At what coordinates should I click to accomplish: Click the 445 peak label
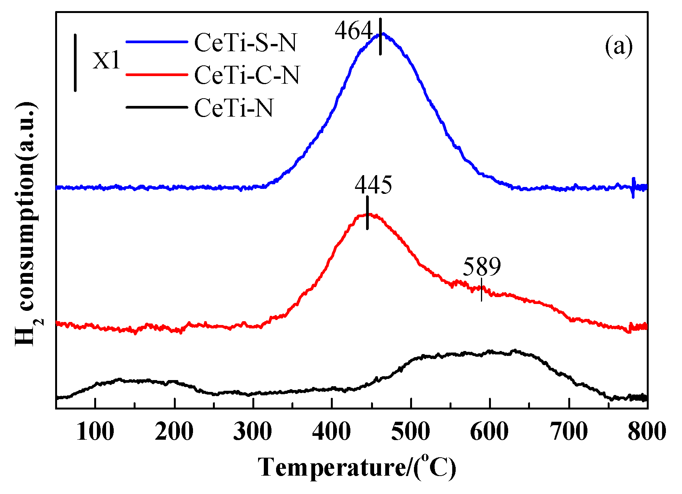click(373, 185)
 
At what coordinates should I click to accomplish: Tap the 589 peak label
click(482, 266)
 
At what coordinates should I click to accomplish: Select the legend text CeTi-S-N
click(245, 42)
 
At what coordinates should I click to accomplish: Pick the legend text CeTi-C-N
click(247, 75)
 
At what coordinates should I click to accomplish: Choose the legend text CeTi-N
click(234, 108)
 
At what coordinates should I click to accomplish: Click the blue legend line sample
click(157, 42)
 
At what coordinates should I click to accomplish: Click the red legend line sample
click(157, 75)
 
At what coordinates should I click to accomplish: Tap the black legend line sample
click(157, 107)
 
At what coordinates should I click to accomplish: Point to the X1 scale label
click(106, 60)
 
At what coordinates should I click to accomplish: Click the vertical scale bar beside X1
click(75, 63)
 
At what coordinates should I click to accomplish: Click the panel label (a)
click(619, 47)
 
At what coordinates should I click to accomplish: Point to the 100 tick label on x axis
click(95, 432)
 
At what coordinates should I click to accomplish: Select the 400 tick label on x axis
click(332, 432)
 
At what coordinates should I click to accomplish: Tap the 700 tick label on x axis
click(569, 432)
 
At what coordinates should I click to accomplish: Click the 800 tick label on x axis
click(647, 432)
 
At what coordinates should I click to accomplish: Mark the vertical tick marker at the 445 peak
click(367, 213)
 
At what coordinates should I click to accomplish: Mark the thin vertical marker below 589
click(481, 289)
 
